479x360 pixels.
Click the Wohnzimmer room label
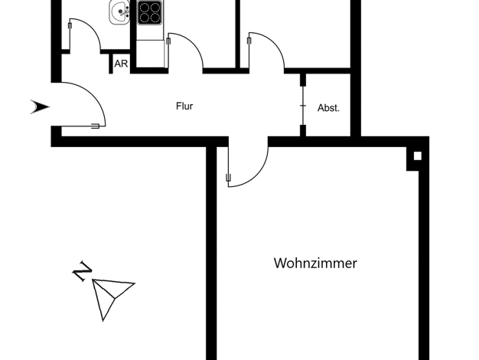point(315,263)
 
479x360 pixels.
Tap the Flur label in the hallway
point(184,106)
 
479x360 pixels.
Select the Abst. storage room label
point(328,108)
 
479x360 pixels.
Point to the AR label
point(121,64)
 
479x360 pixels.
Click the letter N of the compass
point(82,270)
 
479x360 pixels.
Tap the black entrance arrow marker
point(40,106)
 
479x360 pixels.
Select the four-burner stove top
point(149,12)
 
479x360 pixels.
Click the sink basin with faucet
point(119,12)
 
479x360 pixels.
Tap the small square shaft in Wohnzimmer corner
point(417,156)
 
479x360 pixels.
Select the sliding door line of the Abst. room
point(303,106)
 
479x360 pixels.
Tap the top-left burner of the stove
point(144,7)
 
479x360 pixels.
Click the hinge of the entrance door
point(96,126)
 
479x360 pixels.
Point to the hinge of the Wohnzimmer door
point(228,178)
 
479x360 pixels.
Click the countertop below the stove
point(150,54)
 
